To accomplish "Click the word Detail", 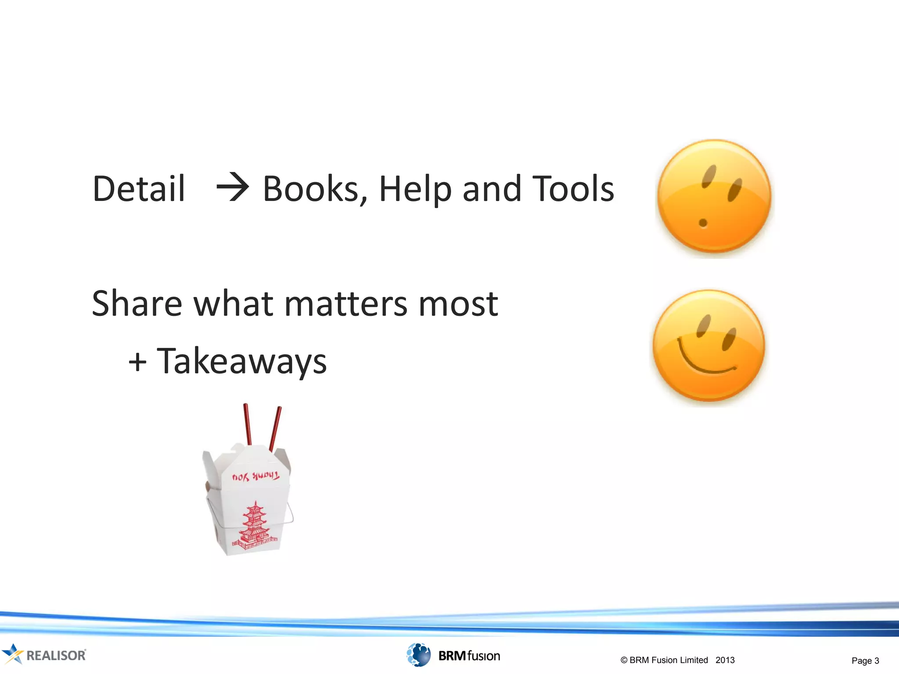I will coord(139,189).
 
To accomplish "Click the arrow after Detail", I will coord(233,187).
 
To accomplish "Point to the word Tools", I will coord(572,189).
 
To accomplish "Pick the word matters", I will coord(346,304).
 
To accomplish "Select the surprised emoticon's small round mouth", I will coord(703,223).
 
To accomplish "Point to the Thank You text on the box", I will coord(255,476).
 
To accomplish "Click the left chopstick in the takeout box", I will coord(248,424).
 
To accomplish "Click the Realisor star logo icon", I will coord(12,654).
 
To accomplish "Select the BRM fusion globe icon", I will coord(418,655).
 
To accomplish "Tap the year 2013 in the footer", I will coord(725,660).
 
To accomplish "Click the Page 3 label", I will coord(865,660).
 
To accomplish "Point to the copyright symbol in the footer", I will coord(624,660).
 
